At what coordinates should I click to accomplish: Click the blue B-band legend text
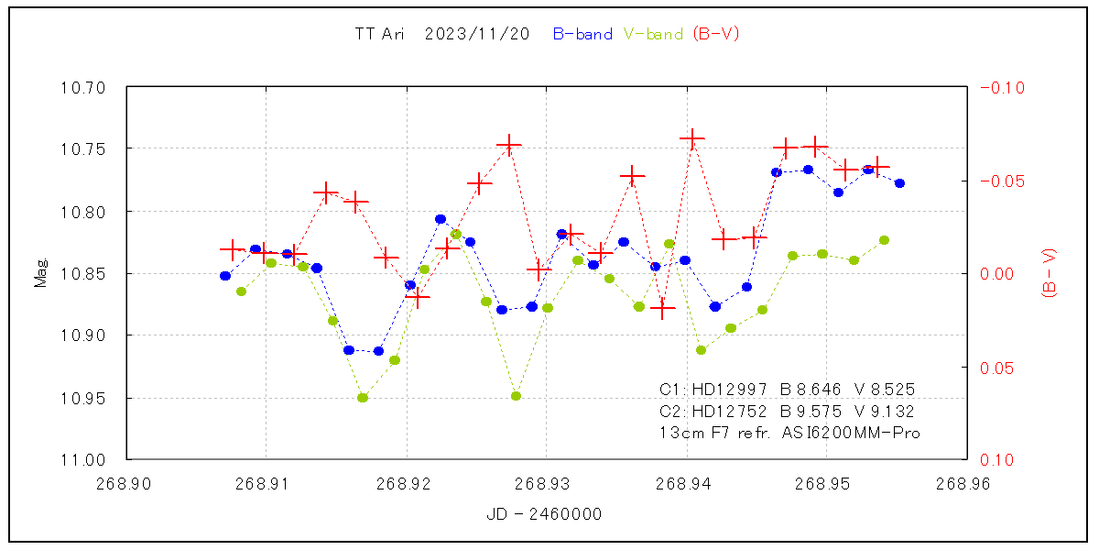[582, 35]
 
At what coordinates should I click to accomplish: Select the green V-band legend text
[653, 35]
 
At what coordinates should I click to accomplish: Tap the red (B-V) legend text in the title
[715, 35]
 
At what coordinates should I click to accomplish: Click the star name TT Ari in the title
[379, 35]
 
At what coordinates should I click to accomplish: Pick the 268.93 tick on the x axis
[546, 481]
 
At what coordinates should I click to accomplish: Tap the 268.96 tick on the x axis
[966, 481]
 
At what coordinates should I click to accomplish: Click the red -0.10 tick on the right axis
[1003, 88]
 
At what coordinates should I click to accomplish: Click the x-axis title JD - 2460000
[545, 515]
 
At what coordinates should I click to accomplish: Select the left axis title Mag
[40, 273]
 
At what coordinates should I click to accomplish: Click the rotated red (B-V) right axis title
[1050, 273]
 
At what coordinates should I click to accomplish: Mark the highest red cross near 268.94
[691, 138]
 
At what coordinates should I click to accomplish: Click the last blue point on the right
[899, 183]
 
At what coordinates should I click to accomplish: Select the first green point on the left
[241, 291]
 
